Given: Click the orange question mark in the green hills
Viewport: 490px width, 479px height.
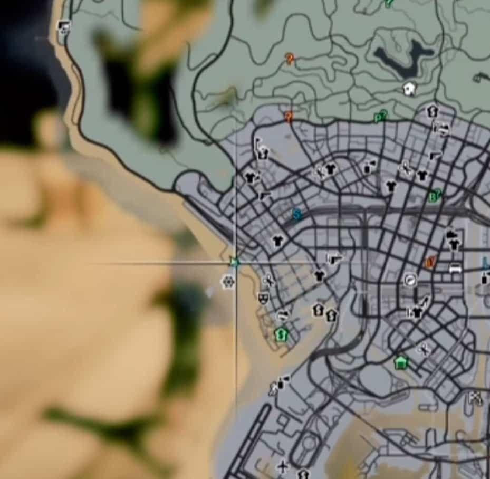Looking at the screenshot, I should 290,59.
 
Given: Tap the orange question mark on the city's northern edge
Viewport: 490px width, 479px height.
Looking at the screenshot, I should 289,117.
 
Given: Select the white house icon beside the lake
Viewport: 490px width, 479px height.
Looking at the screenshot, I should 409,89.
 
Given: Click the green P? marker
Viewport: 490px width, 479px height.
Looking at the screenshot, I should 380,116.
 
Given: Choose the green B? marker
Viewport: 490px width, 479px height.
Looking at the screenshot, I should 435,196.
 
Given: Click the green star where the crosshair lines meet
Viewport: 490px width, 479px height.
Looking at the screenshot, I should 235,262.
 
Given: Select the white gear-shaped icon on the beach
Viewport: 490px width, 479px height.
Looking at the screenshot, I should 228,282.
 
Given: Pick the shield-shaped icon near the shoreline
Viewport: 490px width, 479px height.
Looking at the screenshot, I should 263,298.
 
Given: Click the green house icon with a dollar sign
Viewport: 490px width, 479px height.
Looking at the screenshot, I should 282,333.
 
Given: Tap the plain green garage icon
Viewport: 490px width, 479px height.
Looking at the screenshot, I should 401,362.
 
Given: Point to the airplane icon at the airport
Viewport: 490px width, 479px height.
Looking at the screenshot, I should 284,466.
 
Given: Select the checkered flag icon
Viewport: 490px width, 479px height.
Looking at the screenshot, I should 476,398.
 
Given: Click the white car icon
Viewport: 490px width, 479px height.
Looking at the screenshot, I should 455,268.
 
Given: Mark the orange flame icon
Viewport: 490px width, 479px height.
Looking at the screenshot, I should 431,262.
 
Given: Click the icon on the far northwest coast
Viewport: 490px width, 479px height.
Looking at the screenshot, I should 64,26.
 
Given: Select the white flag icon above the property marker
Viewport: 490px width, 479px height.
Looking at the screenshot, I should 258,143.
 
